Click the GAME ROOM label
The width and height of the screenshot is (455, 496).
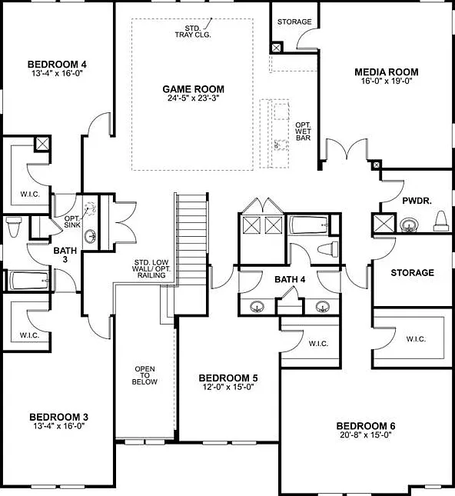click(193, 89)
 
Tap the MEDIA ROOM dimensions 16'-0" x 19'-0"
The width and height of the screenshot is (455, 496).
click(387, 81)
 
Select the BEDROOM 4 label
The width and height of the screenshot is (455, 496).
click(57, 65)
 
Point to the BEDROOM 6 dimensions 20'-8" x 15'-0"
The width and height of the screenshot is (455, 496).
click(366, 434)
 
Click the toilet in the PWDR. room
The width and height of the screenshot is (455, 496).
click(441, 221)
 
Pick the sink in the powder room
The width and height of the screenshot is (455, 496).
click(409, 225)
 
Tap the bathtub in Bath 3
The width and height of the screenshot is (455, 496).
click(29, 280)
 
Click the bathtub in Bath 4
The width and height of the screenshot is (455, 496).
click(308, 225)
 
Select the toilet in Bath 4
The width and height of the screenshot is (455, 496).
click(328, 248)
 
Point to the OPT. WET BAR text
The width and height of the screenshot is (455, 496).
click(303, 131)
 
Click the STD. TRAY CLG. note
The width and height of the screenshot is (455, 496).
click(193, 32)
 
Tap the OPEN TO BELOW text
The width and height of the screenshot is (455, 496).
click(144, 375)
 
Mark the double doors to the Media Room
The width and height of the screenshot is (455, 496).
click(347, 150)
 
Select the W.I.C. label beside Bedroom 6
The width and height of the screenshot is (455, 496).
click(416, 339)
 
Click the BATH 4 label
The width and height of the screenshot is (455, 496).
click(290, 279)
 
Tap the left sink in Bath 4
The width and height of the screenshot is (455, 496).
click(257, 307)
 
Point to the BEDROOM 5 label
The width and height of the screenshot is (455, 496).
click(228, 378)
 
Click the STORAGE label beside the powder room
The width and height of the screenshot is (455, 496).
click(412, 273)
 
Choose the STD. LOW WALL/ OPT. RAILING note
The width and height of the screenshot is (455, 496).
click(151, 269)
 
